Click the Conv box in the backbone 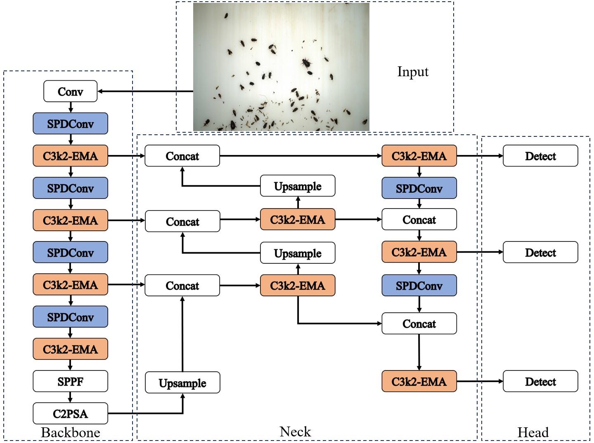70,91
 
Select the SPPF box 70,382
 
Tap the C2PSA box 70,414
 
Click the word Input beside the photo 412,72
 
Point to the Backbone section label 70,433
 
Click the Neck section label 295,432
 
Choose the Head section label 533,433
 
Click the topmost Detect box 540,156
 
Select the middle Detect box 540,253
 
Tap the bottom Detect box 540,382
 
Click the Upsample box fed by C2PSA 182,383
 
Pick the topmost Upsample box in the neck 298,186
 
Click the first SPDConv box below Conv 70,124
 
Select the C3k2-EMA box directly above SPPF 70,349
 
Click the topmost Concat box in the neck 182,156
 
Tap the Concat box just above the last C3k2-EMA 419,324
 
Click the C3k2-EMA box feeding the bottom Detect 419,382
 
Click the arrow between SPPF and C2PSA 70,397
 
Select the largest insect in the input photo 306,62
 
